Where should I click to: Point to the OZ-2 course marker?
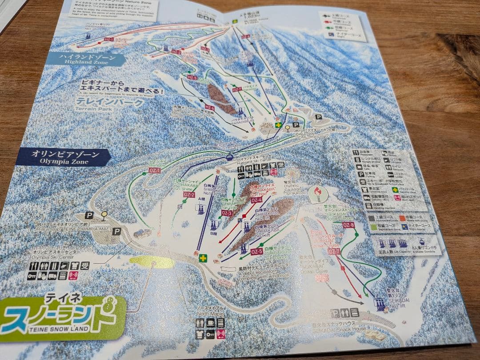(x=189, y=194)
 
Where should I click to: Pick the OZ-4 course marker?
(x=256, y=200)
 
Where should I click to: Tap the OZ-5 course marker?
(x=256, y=252)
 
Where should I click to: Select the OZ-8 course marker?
(x=348, y=225)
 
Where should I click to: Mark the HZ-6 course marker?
(x=210, y=108)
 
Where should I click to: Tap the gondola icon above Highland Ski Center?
(x=230, y=156)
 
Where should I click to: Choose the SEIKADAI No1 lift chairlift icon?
(x=380, y=304)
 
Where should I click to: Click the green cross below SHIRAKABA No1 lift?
(x=203, y=258)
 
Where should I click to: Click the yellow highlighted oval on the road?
(x=152, y=262)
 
